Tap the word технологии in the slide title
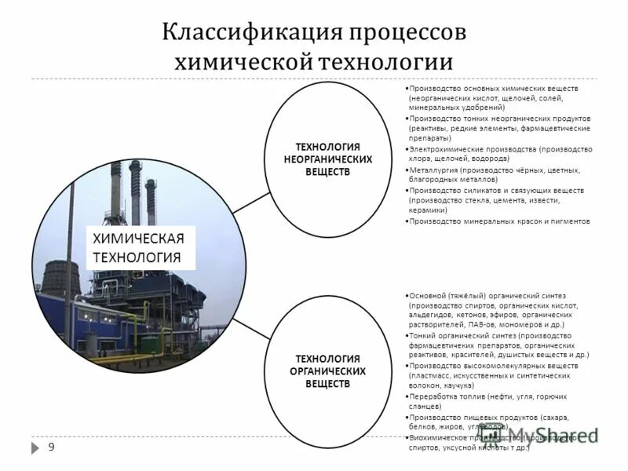point(385,63)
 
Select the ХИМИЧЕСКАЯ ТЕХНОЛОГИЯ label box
point(138,247)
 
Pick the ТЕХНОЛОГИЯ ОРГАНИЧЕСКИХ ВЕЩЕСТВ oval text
point(327,371)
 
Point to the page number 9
point(51,447)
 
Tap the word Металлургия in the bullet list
point(434,170)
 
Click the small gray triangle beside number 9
point(35,447)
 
